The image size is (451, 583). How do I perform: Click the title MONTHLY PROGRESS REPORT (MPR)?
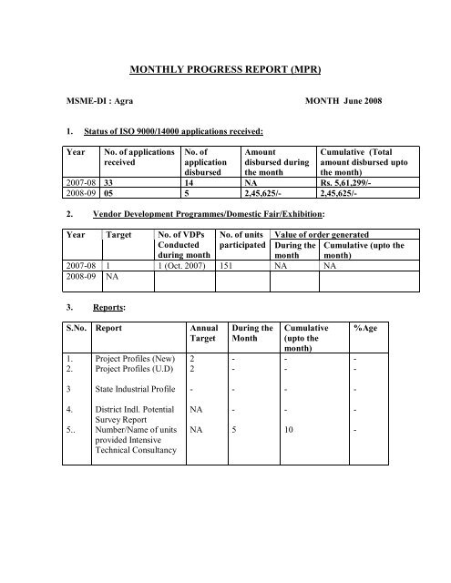(x=225, y=67)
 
